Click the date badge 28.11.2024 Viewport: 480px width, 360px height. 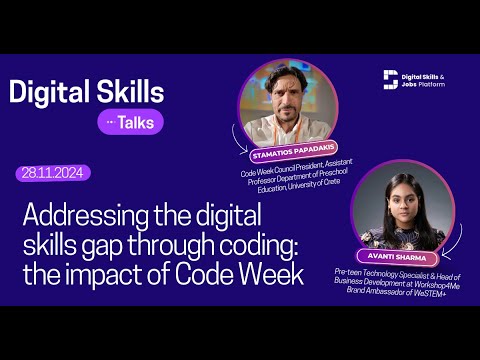point(54,173)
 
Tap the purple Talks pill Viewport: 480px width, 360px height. point(130,122)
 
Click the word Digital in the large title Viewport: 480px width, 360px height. point(51,92)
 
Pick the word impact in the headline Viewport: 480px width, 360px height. point(130,275)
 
